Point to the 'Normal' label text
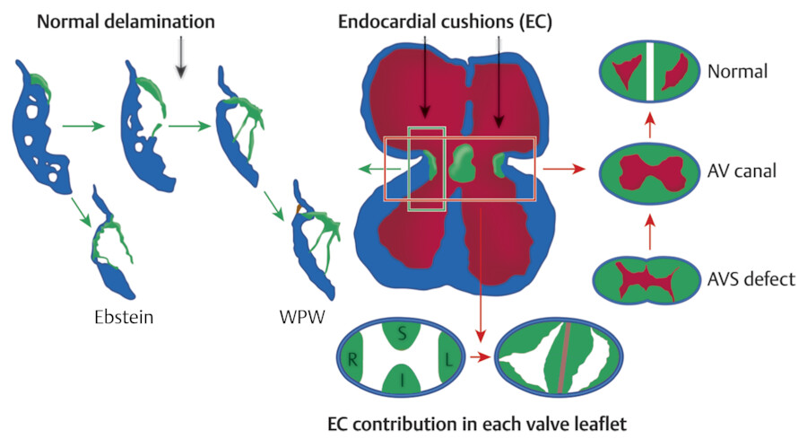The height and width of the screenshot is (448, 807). (737, 73)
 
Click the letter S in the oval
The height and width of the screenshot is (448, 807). (402, 332)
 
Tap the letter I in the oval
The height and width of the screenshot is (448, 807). (401, 382)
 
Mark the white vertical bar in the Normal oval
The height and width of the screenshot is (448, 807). (651, 72)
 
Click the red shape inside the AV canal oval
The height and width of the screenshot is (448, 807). (650, 171)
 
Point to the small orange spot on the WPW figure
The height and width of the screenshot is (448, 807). (301, 209)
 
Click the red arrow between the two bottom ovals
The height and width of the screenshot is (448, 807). (482, 357)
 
